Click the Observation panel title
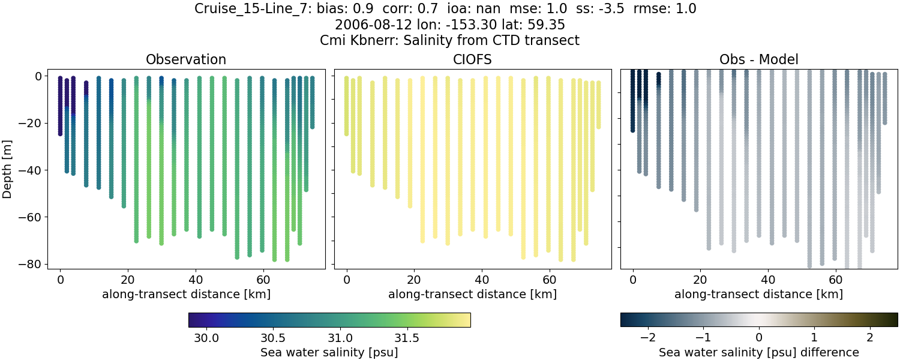(186, 59)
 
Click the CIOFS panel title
(472, 59)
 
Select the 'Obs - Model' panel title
(758, 59)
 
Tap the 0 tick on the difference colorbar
(759, 337)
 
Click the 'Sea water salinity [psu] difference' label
(758, 352)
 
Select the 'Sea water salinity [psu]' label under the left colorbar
(329, 352)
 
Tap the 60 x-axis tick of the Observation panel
(263, 280)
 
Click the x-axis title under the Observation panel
(186, 294)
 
